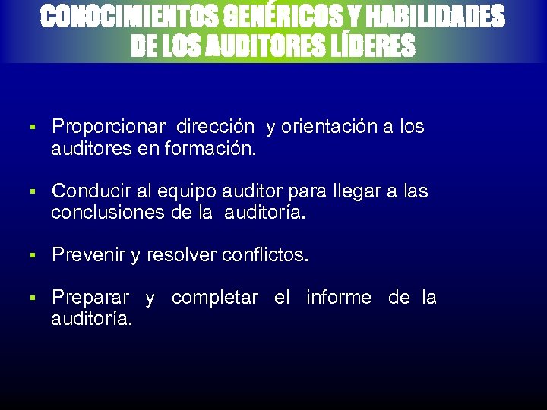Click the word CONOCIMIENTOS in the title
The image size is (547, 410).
point(122,17)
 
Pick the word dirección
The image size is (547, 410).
point(217,127)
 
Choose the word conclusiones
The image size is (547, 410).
point(106,213)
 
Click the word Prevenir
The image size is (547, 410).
point(88,255)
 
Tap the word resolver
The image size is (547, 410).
point(181,255)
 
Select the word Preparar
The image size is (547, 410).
point(90,298)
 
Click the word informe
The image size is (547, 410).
point(339,298)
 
